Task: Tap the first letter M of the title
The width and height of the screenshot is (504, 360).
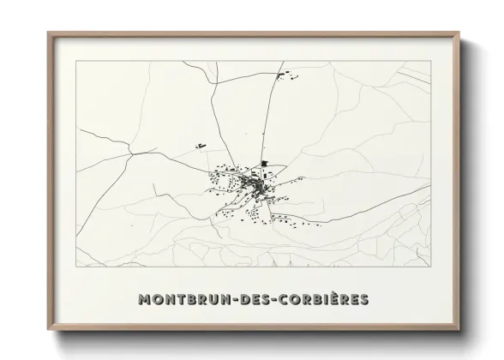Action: coord(143,299)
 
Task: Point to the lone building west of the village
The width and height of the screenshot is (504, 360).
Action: coord(201,147)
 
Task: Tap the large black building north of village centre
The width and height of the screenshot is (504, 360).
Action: coord(265,162)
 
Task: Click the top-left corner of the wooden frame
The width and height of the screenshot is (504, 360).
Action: coord(48,33)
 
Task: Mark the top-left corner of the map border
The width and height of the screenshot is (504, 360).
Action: coord(77,62)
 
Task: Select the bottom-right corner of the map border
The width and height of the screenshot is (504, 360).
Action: coord(431,267)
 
